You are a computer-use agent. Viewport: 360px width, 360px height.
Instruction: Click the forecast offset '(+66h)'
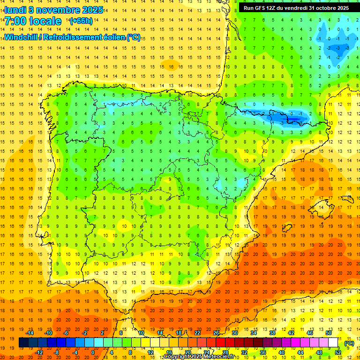81,21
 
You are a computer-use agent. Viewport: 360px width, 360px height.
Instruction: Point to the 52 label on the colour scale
338,352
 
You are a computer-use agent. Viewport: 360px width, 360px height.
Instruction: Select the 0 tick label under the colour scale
92,352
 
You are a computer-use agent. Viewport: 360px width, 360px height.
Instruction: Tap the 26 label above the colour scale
216,333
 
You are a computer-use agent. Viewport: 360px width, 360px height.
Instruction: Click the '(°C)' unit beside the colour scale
349,343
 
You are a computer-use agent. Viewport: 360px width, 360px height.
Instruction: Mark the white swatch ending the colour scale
333,343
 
